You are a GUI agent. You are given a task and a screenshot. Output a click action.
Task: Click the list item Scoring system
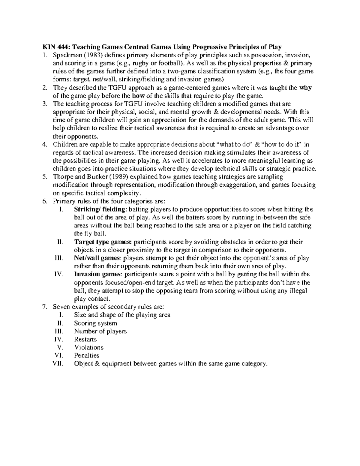pos(95,323)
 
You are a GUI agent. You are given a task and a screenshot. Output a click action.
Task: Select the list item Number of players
pos(100,331)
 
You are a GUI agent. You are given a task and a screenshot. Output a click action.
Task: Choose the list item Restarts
pos(85,339)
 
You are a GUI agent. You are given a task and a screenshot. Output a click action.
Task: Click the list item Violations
pos(88,347)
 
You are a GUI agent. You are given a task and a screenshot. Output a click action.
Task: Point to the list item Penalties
pos(86,356)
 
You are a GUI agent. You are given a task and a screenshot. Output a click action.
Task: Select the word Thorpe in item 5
pos(61,177)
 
